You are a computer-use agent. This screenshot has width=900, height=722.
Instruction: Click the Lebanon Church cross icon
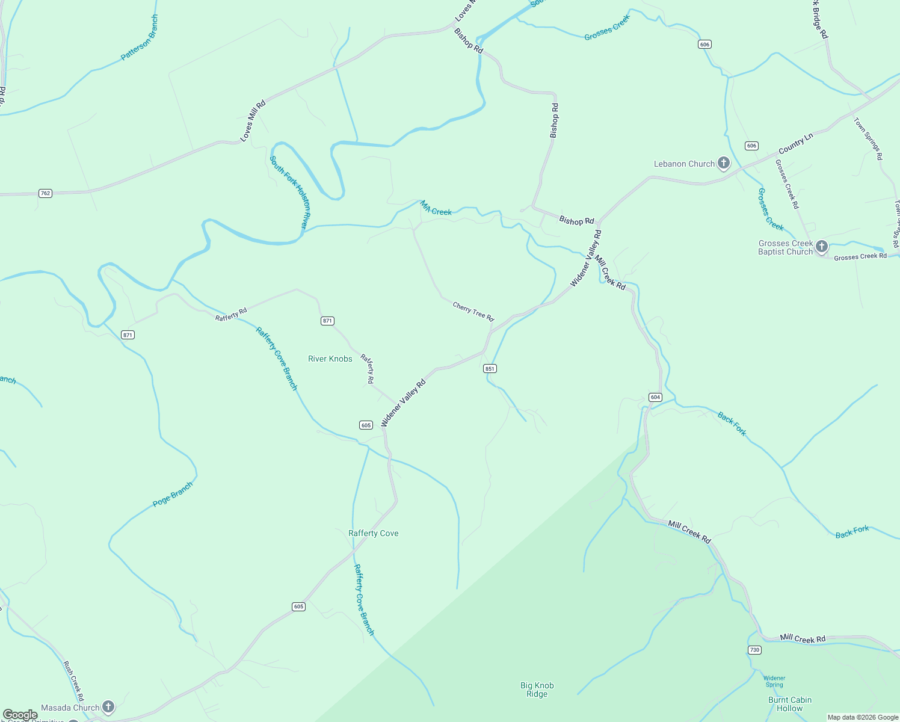[724, 163]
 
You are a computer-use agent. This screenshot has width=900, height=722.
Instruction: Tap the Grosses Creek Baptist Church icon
[822, 247]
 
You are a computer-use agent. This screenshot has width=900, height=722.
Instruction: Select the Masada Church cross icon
[108, 707]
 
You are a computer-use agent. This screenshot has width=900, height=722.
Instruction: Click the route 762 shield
[45, 193]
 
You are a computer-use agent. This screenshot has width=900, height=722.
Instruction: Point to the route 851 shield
[490, 368]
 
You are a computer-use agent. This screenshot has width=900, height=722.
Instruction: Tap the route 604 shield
[655, 397]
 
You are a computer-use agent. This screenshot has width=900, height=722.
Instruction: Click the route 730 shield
[754, 650]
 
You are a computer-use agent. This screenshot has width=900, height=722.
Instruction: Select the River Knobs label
[330, 359]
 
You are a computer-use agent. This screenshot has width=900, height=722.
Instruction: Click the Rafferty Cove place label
[373, 533]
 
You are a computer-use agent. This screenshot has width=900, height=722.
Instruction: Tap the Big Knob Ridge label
[537, 690]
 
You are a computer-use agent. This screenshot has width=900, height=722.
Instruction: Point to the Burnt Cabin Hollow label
[789, 704]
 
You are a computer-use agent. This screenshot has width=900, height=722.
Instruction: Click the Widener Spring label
[774, 681]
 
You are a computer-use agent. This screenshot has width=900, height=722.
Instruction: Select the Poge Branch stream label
[173, 495]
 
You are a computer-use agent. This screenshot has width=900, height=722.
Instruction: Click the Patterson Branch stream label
[140, 38]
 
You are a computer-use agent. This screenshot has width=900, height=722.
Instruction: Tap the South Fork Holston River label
[288, 192]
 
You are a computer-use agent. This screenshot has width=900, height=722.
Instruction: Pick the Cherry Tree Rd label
[473, 312]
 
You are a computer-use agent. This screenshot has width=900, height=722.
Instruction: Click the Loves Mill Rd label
[253, 121]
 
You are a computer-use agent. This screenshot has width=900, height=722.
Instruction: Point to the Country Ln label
[795, 143]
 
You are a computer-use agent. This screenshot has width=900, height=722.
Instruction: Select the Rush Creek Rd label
[73, 680]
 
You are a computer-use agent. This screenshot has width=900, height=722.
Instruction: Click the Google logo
[20, 715]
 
